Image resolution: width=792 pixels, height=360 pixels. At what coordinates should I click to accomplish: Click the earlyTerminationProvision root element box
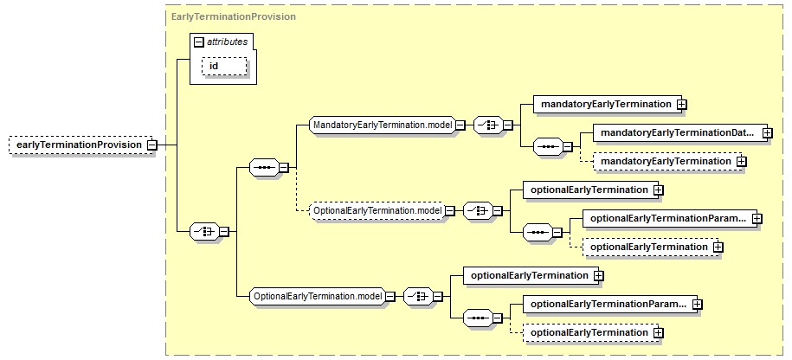coord(78,145)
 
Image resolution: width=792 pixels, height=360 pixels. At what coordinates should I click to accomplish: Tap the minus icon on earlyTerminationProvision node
coord(151,145)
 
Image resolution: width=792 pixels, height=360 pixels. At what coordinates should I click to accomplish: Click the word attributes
coord(228,41)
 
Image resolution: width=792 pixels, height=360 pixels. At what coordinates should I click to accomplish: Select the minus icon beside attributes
coord(198,41)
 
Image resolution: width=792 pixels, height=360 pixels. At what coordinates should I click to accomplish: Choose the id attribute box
coord(224,67)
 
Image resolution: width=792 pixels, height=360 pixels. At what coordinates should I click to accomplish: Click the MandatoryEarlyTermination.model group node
coord(382,125)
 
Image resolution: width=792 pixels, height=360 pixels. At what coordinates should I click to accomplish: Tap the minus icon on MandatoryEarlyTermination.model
coord(460,125)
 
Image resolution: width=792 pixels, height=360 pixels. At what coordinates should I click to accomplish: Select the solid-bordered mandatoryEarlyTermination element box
coord(605,104)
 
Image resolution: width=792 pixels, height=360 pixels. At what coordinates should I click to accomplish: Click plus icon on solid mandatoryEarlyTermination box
coord(682,104)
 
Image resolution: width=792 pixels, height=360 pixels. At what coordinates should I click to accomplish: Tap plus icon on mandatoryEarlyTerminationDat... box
coord(767,132)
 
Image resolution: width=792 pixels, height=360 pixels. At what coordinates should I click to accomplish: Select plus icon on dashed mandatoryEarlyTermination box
coord(742,161)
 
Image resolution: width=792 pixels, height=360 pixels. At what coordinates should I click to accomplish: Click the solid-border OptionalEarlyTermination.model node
coord(317,296)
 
